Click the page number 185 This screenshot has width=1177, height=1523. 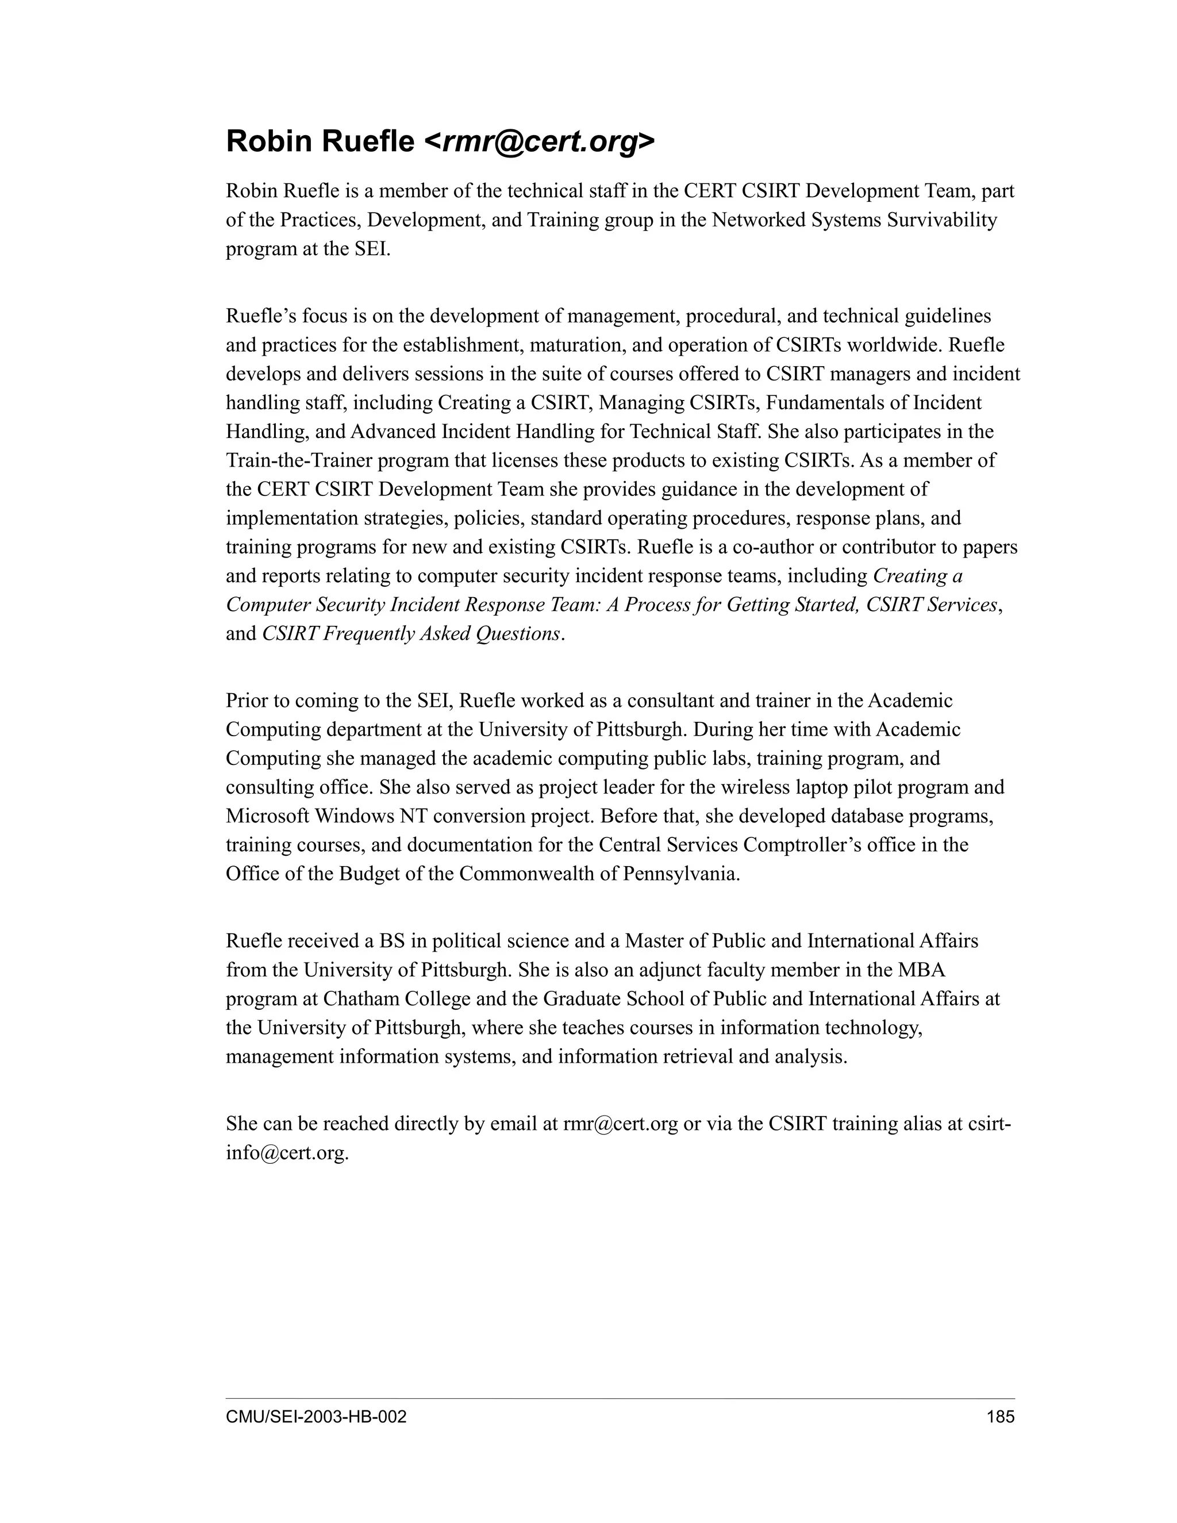tap(1001, 1417)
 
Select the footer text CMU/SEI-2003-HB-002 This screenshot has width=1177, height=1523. tap(316, 1417)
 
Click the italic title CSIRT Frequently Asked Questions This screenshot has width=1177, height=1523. tap(411, 634)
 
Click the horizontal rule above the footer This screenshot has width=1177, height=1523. tap(620, 1398)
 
